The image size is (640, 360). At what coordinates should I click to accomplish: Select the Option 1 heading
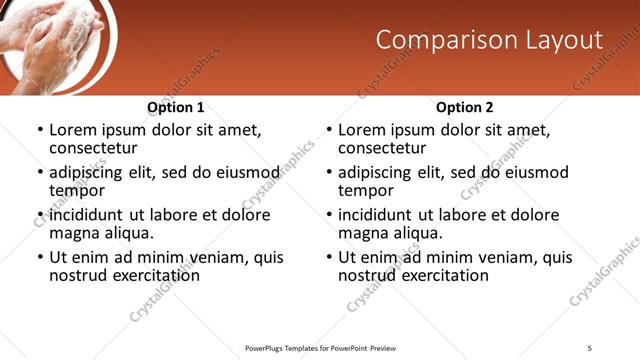176,107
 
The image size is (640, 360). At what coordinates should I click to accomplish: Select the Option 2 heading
465,107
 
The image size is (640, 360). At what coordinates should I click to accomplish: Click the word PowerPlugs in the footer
267,347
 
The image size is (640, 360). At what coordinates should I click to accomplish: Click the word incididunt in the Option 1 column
90,215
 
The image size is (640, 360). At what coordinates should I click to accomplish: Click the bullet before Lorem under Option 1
39,130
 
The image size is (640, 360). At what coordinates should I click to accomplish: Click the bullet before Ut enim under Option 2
328,257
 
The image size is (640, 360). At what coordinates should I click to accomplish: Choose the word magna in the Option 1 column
75,233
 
